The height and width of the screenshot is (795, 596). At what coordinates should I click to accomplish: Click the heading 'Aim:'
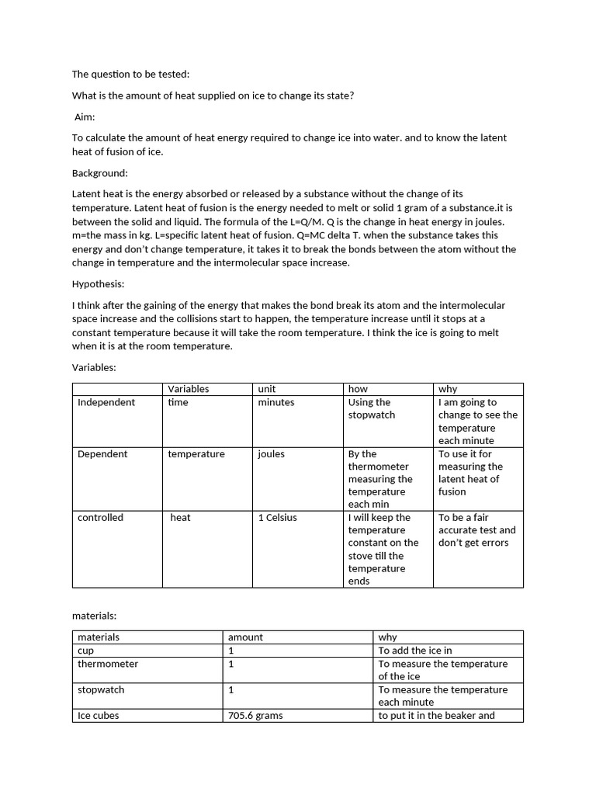click(x=85, y=116)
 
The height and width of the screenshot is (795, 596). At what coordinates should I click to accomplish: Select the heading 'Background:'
click(x=100, y=172)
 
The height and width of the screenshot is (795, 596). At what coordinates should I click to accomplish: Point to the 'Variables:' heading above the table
click(x=94, y=367)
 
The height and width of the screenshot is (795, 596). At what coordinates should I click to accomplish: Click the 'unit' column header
click(x=267, y=389)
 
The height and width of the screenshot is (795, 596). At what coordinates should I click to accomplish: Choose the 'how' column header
click(x=358, y=389)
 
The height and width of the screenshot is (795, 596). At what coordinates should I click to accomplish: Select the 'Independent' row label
click(x=106, y=402)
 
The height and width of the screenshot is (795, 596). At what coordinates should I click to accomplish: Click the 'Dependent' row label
click(x=102, y=453)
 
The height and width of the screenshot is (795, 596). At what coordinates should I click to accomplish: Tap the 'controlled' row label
click(x=100, y=517)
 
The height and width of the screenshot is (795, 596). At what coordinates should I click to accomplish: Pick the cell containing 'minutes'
click(x=276, y=402)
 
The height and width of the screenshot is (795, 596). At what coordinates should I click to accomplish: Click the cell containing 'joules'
click(x=272, y=453)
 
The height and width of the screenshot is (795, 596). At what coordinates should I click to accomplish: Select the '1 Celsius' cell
click(x=278, y=517)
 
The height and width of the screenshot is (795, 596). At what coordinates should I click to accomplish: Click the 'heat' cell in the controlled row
click(x=180, y=517)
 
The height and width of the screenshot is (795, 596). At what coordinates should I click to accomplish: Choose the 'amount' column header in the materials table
click(x=245, y=637)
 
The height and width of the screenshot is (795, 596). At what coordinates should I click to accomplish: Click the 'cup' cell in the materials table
click(x=85, y=651)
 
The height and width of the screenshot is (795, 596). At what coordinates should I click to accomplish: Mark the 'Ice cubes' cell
click(x=99, y=715)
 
